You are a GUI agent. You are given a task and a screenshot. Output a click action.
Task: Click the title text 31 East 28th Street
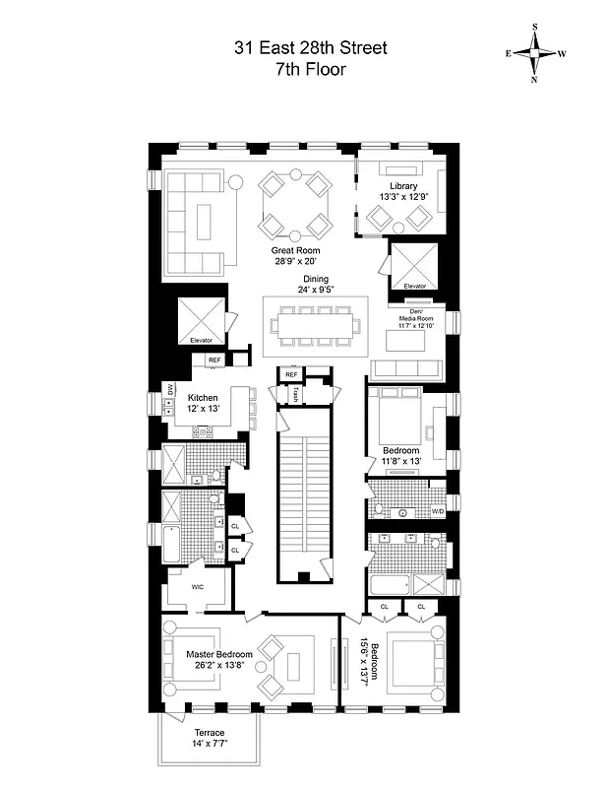(x=303, y=46)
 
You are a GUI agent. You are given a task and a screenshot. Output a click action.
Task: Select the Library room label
(x=403, y=186)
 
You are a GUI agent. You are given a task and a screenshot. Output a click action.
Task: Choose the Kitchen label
(x=203, y=398)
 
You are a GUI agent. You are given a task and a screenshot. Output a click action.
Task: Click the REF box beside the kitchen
(x=214, y=361)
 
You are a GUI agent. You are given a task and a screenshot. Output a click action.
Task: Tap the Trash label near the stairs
(x=294, y=394)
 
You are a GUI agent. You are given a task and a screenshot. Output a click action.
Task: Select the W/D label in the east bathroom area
(x=437, y=512)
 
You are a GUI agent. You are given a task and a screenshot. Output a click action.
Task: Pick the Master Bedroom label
(x=219, y=654)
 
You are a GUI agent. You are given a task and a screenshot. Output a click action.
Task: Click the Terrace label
(x=209, y=733)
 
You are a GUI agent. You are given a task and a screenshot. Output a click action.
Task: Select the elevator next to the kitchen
(x=201, y=320)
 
